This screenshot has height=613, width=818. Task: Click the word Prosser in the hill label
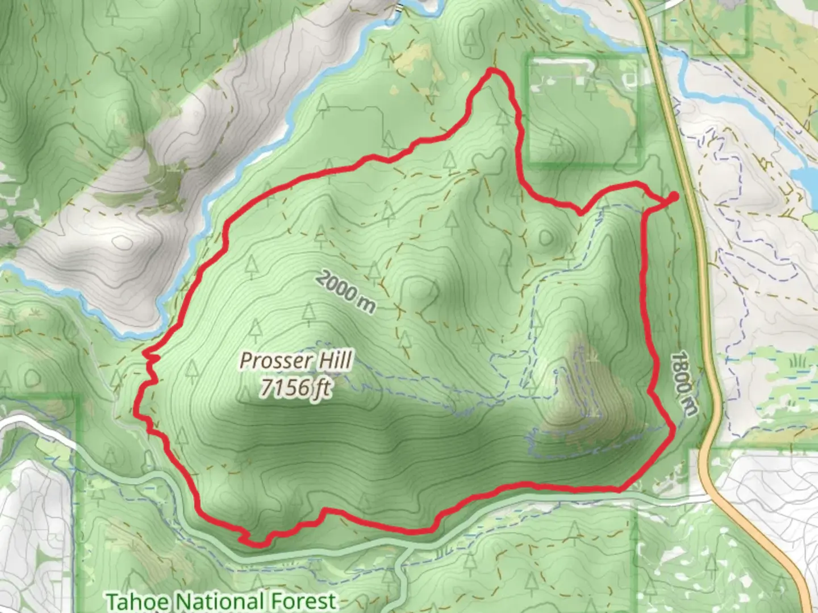tap(276, 361)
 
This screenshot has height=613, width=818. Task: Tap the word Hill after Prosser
tap(333, 360)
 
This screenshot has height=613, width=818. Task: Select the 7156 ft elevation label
tap(295, 388)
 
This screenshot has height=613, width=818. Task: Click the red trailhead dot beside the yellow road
tap(673, 196)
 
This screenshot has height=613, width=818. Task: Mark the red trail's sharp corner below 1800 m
tap(674, 427)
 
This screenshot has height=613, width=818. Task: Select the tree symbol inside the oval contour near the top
tap(470, 37)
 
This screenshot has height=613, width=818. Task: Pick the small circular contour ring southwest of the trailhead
tap(545, 237)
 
